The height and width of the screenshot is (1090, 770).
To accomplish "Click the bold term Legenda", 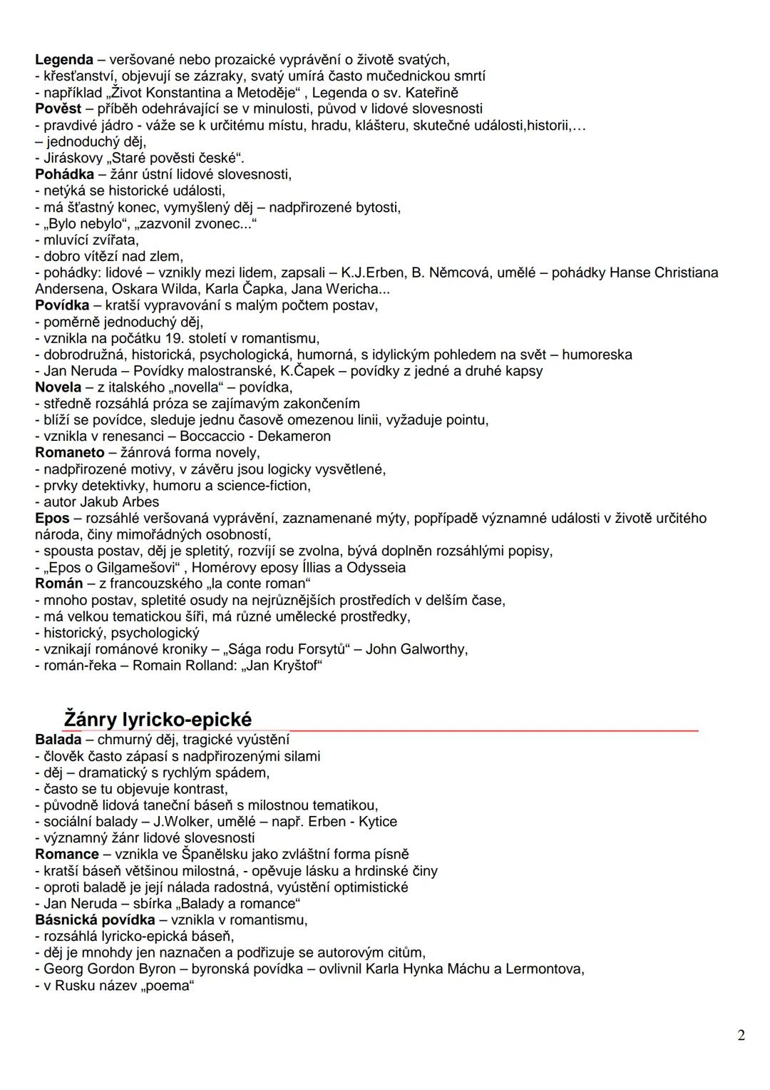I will pos(64,60).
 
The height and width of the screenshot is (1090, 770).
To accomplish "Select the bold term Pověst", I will pos(58,109).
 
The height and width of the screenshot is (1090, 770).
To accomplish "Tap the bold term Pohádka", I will pos(64,175).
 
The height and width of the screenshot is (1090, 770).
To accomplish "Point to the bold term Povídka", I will pos(62,305).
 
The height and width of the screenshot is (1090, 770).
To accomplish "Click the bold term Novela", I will pos(58,387).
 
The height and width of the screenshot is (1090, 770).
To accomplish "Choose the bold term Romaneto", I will pos(70,453).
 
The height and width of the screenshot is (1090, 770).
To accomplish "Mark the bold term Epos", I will pos(52,519).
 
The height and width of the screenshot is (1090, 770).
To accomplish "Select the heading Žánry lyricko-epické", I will pos(158,719).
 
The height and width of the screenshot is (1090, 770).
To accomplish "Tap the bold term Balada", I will pos(58,740).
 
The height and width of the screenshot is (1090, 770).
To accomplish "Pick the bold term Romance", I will pos(67,855).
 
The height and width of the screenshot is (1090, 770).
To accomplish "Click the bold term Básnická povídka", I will pos(95,920).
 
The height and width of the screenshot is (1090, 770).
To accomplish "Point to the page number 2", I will pos(741,1035).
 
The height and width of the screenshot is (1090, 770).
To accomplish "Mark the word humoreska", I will pos(597,355).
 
